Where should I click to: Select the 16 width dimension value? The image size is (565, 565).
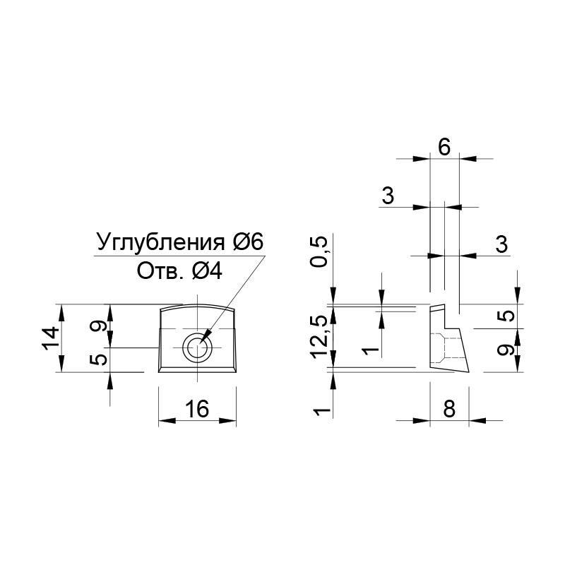tap(197, 408)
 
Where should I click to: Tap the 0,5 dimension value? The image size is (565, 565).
tap(320, 251)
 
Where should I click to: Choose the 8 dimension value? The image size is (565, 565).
tap(449, 408)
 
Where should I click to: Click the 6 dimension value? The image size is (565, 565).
tap(444, 147)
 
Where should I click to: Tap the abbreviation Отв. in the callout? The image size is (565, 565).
tap(157, 271)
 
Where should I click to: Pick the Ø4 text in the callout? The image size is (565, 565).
tap(207, 271)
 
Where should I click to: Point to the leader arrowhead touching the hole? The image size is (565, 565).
tap(206, 335)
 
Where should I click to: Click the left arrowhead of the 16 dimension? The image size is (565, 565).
tap(167, 420)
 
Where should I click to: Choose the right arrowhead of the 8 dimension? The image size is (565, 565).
tap(477, 420)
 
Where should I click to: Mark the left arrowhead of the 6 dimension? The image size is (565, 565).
tap(422, 158)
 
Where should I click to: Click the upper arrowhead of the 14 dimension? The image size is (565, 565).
tap(61, 312)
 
